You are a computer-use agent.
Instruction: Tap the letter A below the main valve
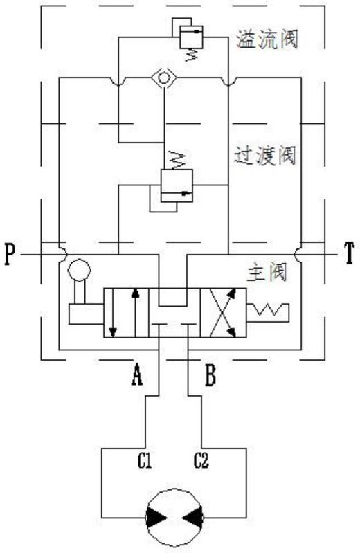tap(137, 374)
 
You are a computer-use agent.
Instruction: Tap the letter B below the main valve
tap(210, 375)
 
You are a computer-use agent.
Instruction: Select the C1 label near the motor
tap(145, 460)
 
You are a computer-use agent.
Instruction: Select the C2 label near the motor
tap(201, 460)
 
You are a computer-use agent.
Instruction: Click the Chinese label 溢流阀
tap(267, 39)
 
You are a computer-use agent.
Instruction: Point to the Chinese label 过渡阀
tap(265, 155)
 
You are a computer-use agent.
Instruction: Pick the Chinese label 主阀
tap(267, 273)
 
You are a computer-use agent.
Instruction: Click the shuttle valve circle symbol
tap(164, 78)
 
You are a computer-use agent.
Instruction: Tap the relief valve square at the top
tap(191, 37)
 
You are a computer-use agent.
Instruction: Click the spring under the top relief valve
tap(190, 55)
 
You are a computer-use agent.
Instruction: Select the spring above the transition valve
tap(177, 160)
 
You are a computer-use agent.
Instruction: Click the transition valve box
tap(177, 185)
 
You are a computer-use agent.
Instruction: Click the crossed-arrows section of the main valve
tap(223, 312)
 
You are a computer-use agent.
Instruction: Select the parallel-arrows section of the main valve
tap(126, 312)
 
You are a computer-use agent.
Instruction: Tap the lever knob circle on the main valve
tap(80, 270)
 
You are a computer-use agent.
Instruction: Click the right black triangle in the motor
tap(193, 518)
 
